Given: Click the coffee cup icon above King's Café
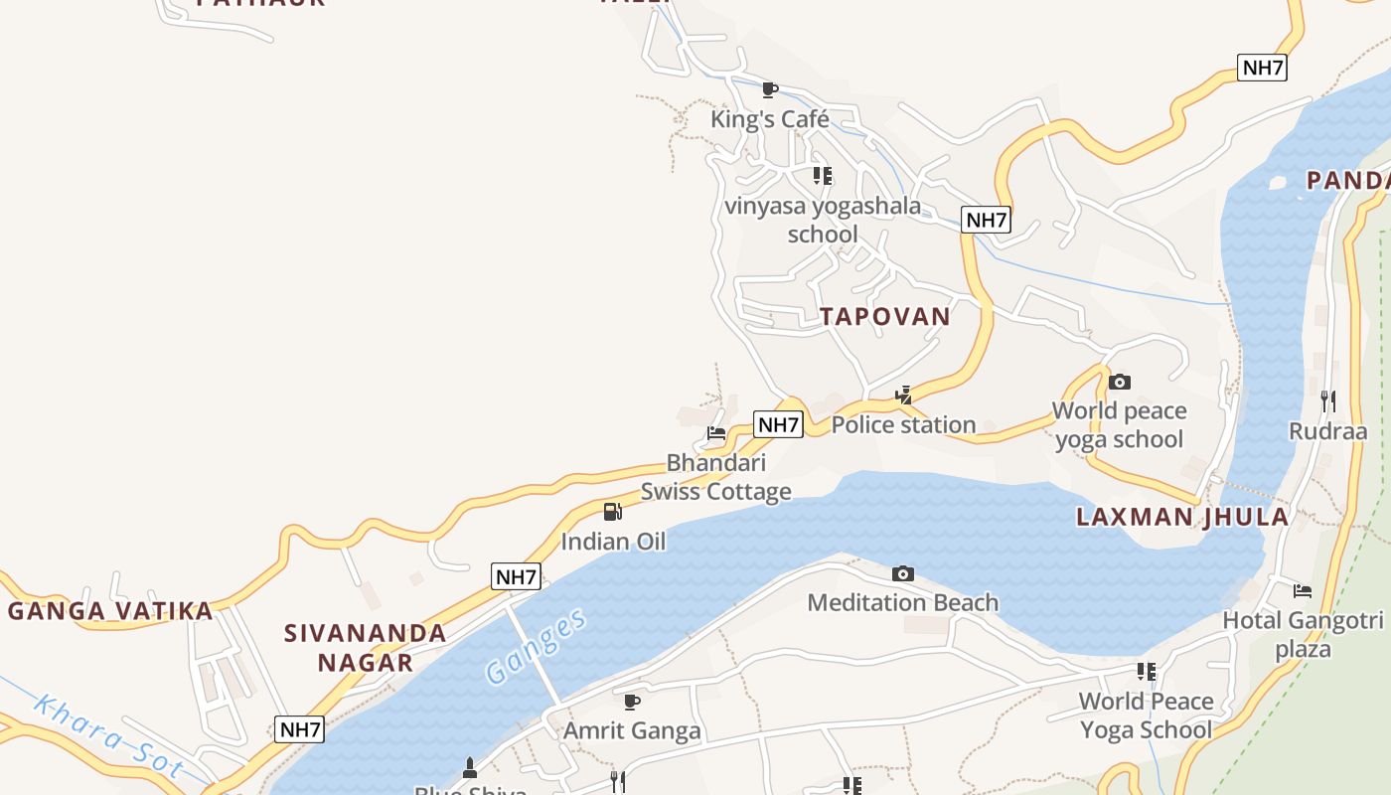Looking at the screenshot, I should click(x=769, y=90).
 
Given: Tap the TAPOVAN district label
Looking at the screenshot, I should click(x=884, y=317).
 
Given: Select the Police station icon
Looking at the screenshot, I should click(x=903, y=396).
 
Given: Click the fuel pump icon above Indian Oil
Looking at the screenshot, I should click(x=613, y=512).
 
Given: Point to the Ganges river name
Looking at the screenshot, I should click(x=537, y=648).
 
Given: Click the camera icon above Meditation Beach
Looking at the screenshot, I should click(x=902, y=573).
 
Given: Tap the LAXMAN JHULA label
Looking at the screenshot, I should click(x=1182, y=517).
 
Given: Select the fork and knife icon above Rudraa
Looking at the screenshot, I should click(x=1327, y=400).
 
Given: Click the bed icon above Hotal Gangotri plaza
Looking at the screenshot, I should click(x=1303, y=591).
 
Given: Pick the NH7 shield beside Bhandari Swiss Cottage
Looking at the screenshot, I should click(x=778, y=425).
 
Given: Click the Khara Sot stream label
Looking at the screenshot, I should click(x=107, y=736).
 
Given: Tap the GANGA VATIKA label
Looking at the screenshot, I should click(x=110, y=611).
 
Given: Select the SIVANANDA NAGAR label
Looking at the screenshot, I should click(x=366, y=647).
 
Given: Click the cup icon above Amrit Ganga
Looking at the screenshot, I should click(x=632, y=702).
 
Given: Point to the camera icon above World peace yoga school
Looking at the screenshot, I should click(x=1120, y=382).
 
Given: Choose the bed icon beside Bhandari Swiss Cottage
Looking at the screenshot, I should click(x=716, y=432).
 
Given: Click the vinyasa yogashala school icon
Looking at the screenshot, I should click(x=822, y=176).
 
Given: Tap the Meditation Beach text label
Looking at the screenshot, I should click(x=902, y=602).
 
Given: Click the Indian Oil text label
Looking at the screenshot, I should click(x=613, y=542).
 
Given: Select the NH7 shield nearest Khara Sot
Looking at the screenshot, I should click(x=300, y=729).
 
